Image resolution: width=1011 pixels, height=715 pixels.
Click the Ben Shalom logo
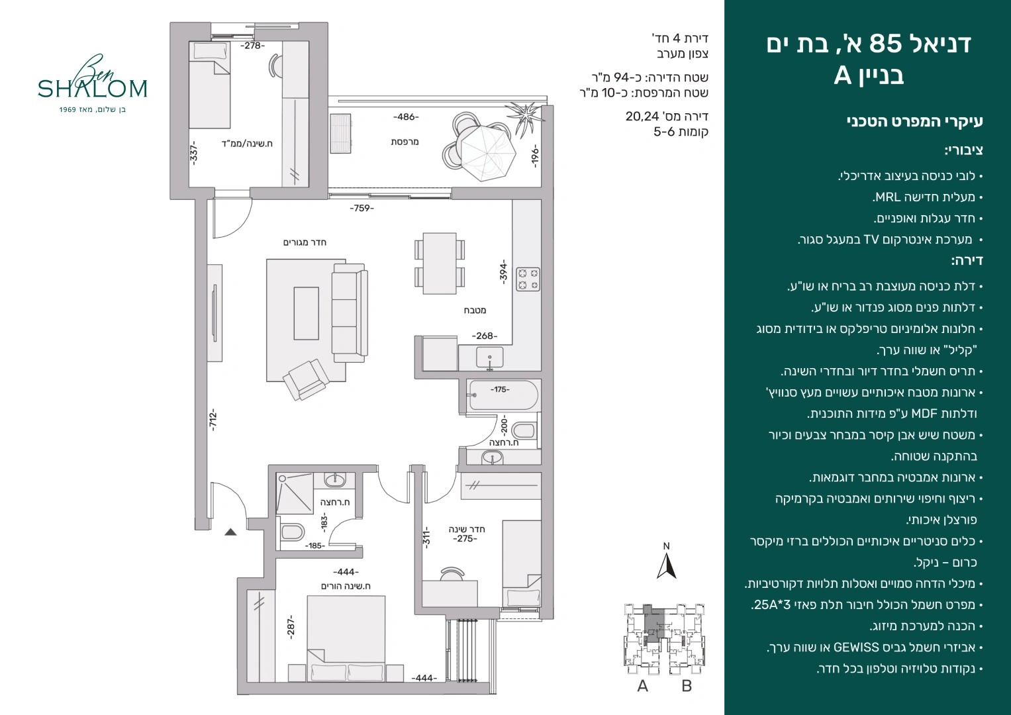93,84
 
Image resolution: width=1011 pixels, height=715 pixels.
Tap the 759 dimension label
362,208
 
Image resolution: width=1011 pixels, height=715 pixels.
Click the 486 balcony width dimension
406,117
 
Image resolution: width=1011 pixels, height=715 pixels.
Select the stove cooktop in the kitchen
528,278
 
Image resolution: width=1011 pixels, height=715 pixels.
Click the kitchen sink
490,358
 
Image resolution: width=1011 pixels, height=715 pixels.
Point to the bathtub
502,395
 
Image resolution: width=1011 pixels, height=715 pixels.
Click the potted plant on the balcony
524,117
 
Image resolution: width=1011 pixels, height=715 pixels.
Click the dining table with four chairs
440,263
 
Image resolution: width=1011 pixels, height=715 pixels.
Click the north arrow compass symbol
666,561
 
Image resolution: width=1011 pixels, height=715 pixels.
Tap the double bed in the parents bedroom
346,638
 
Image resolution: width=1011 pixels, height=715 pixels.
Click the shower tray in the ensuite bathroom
294,493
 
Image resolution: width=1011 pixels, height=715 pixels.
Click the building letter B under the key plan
687,686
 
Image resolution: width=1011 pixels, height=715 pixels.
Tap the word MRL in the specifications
883,197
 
